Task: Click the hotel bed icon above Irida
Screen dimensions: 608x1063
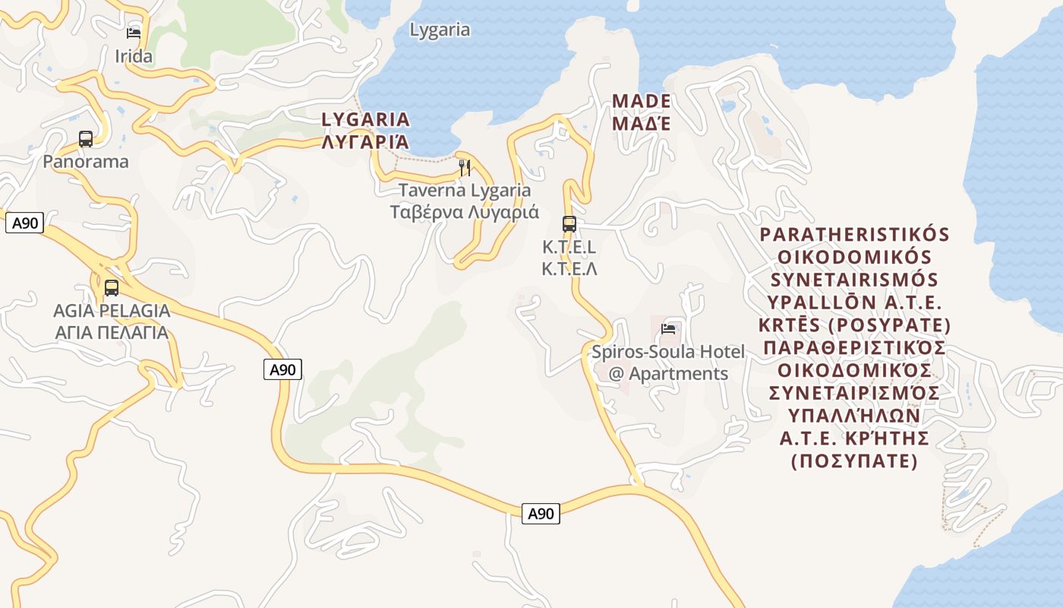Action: point(134,33)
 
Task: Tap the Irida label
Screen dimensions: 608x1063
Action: point(134,56)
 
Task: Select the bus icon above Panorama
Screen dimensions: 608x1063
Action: point(86,139)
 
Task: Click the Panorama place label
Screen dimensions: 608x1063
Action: point(86,161)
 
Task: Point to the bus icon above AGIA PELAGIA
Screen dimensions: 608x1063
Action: point(112,288)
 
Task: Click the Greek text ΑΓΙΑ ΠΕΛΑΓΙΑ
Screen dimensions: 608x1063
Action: point(112,333)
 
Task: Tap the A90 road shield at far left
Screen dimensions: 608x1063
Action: point(24,223)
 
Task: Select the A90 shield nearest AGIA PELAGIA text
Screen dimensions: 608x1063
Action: point(283,370)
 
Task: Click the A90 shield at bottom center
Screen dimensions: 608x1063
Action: point(541,514)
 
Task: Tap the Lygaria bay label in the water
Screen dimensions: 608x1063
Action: point(440,30)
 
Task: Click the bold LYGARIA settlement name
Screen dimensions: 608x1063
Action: point(365,119)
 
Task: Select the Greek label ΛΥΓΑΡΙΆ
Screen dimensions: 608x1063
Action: point(365,141)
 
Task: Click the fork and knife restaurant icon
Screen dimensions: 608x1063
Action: point(465,167)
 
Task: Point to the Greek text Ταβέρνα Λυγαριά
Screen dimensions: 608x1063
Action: point(465,211)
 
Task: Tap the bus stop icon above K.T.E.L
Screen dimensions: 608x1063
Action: point(569,223)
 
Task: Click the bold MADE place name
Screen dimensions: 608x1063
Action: point(642,101)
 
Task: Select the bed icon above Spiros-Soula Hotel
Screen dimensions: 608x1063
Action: point(668,328)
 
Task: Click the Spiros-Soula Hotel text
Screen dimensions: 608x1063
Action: point(668,353)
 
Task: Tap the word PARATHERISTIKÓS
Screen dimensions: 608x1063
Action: point(854,234)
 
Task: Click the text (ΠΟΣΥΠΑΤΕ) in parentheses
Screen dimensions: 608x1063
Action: point(854,461)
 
